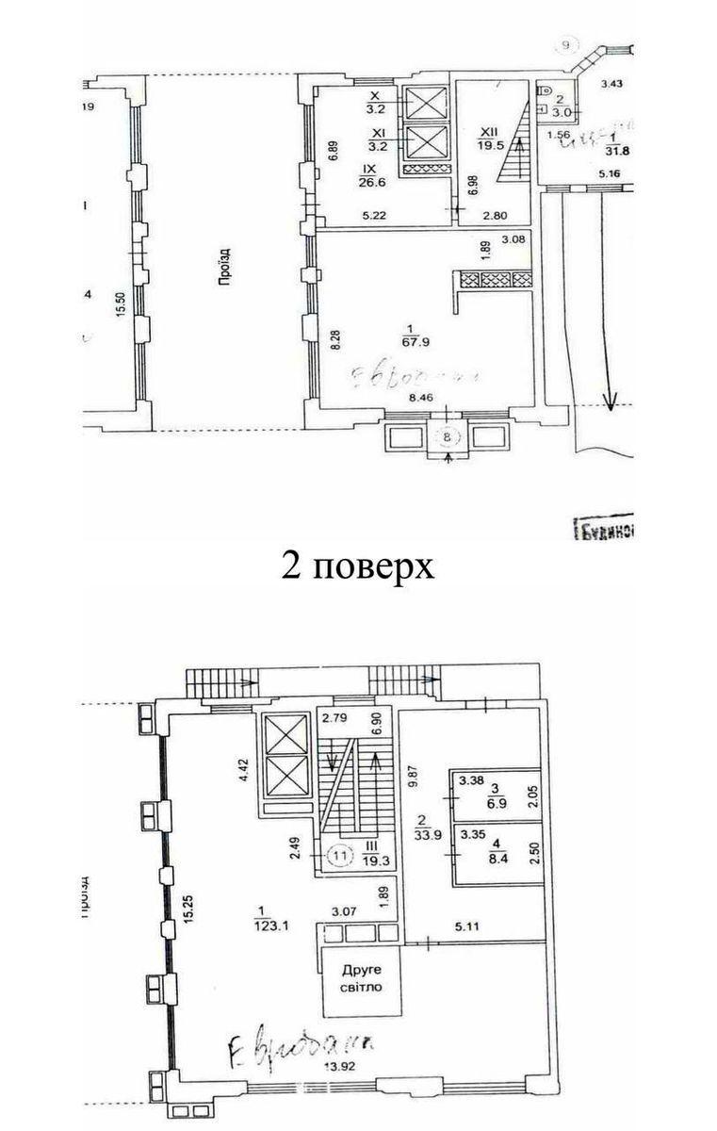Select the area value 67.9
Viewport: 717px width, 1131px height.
408,341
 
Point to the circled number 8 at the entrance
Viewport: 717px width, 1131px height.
449,435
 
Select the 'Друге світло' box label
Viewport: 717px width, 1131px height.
362,980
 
